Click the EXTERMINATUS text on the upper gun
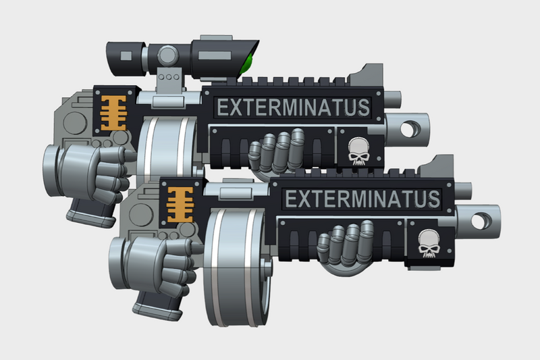pyautogui.click(x=292, y=107)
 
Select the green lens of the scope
pyautogui.click(x=248, y=65)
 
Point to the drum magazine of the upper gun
pyautogui.click(x=165, y=152)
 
